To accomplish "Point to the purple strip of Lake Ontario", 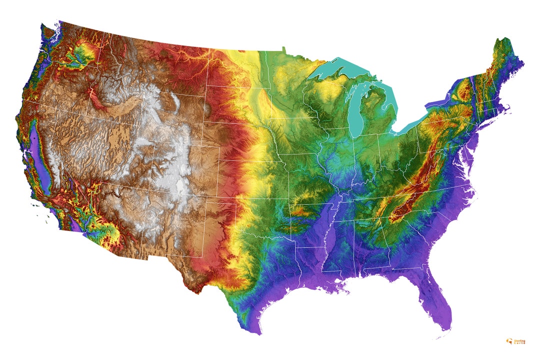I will click(440, 103).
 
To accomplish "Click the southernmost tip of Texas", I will click(260, 332).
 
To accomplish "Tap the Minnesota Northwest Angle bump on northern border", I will click(283, 48).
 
